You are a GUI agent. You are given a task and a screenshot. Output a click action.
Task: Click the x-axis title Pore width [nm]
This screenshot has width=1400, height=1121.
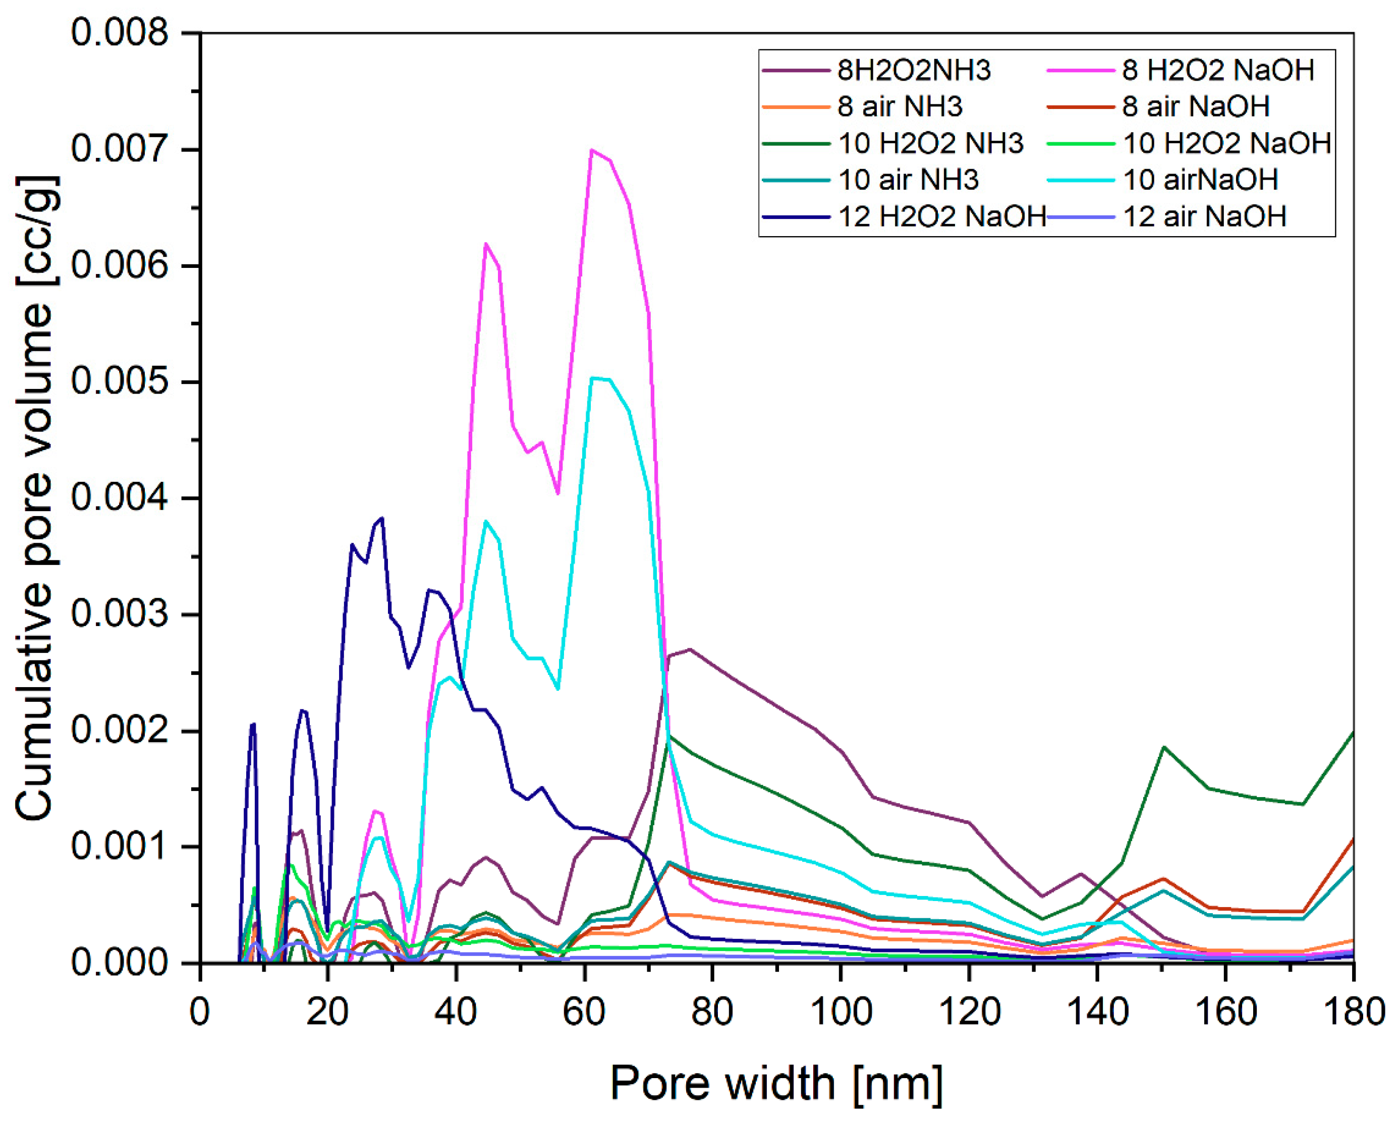(x=776, y=1083)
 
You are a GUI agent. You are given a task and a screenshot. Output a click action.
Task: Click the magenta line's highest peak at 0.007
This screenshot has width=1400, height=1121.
(x=591, y=150)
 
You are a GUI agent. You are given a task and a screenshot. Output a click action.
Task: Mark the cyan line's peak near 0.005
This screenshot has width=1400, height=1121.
(x=592, y=377)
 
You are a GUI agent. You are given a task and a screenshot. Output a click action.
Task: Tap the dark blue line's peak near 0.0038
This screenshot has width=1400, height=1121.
(x=382, y=518)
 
